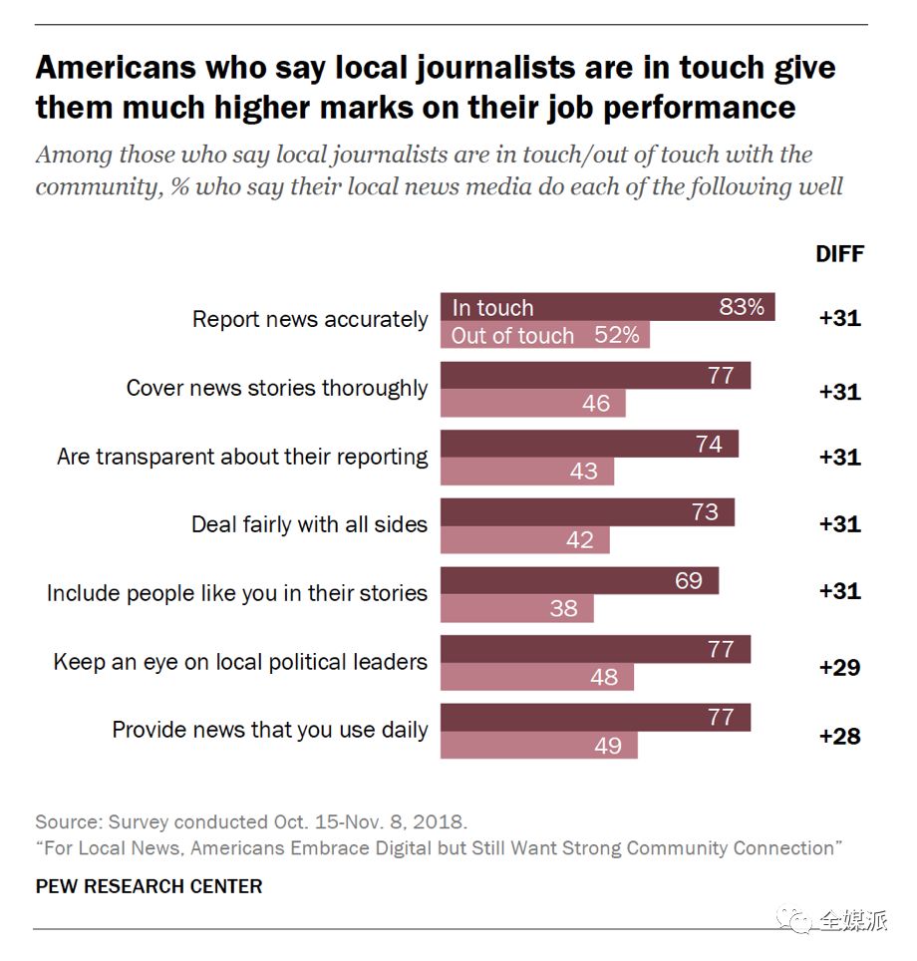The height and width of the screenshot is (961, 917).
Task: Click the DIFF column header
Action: (x=839, y=253)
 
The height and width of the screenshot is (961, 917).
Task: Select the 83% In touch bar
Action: (x=607, y=307)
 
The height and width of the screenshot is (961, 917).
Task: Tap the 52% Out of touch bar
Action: (x=544, y=336)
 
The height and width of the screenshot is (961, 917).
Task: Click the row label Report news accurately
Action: (x=309, y=320)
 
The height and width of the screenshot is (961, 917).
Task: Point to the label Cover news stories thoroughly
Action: (x=276, y=388)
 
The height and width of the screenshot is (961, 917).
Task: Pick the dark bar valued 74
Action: (x=589, y=445)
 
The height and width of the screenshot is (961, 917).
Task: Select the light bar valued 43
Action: (x=527, y=472)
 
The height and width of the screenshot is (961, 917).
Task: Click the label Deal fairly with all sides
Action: (x=309, y=524)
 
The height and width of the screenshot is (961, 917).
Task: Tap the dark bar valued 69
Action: (x=579, y=580)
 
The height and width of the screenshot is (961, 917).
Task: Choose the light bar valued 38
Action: (x=516, y=608)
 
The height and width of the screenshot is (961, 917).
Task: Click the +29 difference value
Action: (x=839, y=668)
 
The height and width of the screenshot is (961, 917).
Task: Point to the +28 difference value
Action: (x=839, y=737)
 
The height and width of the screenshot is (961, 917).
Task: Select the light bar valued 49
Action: (x=538, y=745)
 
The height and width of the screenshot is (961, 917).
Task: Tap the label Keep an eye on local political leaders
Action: (x=240, y=662)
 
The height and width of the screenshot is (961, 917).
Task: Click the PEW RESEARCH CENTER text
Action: (x=149, y=886)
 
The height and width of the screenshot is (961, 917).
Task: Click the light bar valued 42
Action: (x=524, y=540)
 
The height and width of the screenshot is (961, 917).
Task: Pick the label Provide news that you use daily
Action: (x=269, y=730)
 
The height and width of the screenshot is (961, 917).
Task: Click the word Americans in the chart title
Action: (x=112, y=68)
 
